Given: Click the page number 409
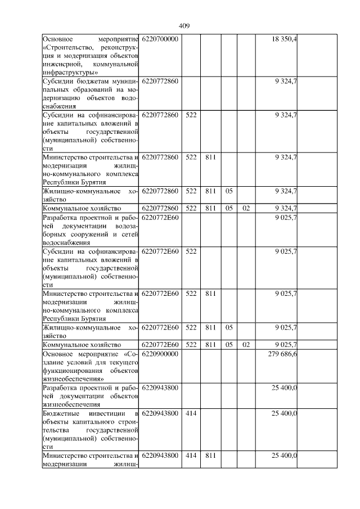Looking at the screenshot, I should (184, 26).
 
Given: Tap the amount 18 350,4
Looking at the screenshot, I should (286, 39).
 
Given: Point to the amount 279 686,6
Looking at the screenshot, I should (283, 354).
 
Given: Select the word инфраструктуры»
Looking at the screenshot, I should (70, 73).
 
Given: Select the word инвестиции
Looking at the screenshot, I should (111, 413).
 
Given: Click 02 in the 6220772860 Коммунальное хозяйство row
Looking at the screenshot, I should (245, 208).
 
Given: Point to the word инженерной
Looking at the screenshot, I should (61, 64).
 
